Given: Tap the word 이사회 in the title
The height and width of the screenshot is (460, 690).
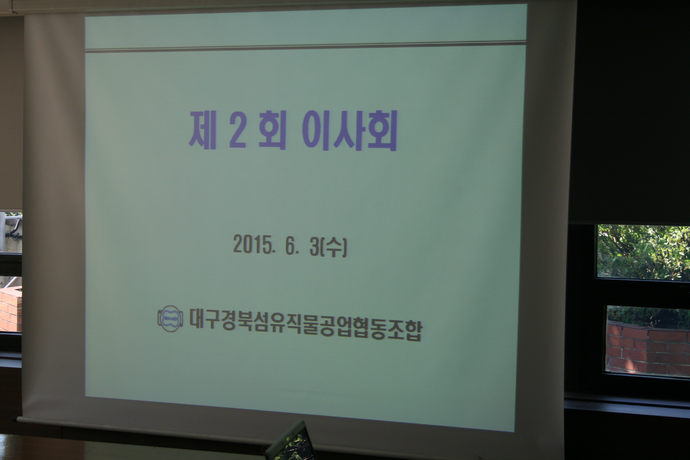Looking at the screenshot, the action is point(349,131).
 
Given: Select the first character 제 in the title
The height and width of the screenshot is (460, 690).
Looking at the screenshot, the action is point(202,130).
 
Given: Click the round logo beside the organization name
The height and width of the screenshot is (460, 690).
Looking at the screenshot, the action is point(170,318).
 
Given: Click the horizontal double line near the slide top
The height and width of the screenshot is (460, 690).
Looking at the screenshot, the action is point(305,47).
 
